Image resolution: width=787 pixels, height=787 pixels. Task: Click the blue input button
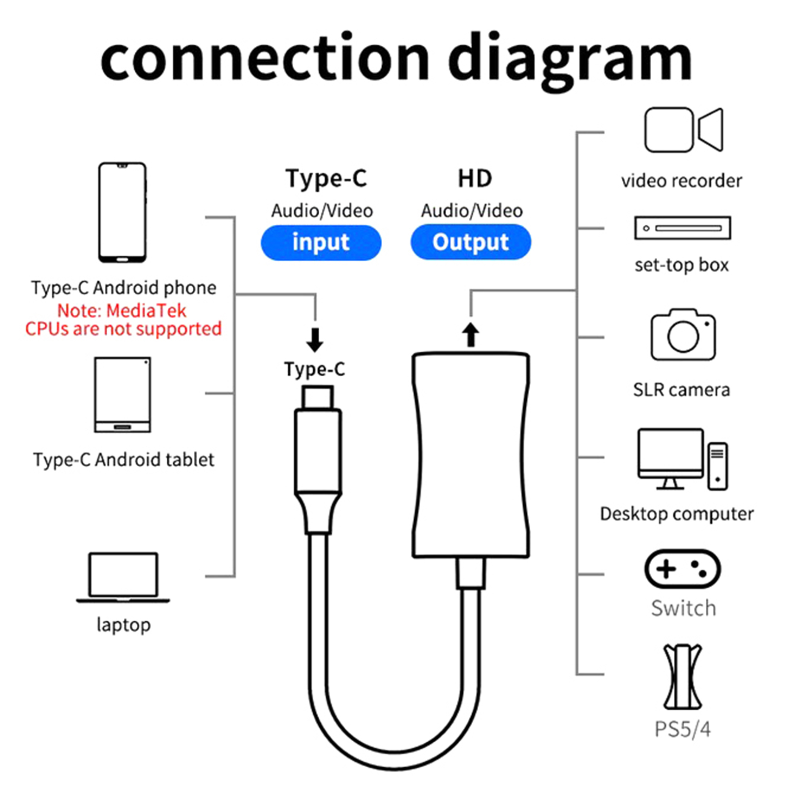[321, 242]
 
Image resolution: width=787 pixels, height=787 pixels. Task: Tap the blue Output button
[471, 242]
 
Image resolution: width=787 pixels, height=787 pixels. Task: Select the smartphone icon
[122, 212]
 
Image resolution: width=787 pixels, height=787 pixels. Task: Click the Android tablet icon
[122, 394]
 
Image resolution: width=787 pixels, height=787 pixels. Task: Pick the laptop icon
[123, 577]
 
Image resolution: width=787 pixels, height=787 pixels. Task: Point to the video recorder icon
[684, 130]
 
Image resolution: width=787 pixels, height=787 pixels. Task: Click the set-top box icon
[683, 228]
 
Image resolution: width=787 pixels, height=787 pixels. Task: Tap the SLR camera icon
[683, 334]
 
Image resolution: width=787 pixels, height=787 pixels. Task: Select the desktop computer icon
[682, 459]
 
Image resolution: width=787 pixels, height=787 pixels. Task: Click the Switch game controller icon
[683, 569]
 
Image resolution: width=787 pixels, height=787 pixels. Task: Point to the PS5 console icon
[683, 676]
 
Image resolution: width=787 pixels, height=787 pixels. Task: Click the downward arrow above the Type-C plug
[315, 340]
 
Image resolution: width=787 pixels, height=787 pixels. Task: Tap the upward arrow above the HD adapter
[471, 334]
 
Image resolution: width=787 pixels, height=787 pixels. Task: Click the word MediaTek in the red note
[146, 310]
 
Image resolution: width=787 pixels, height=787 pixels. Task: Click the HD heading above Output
[475, 178]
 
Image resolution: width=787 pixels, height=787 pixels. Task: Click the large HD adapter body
[471, 455]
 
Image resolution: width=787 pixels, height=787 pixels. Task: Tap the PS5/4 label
[683, 729]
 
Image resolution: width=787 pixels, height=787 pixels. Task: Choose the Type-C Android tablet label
[123, 460]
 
